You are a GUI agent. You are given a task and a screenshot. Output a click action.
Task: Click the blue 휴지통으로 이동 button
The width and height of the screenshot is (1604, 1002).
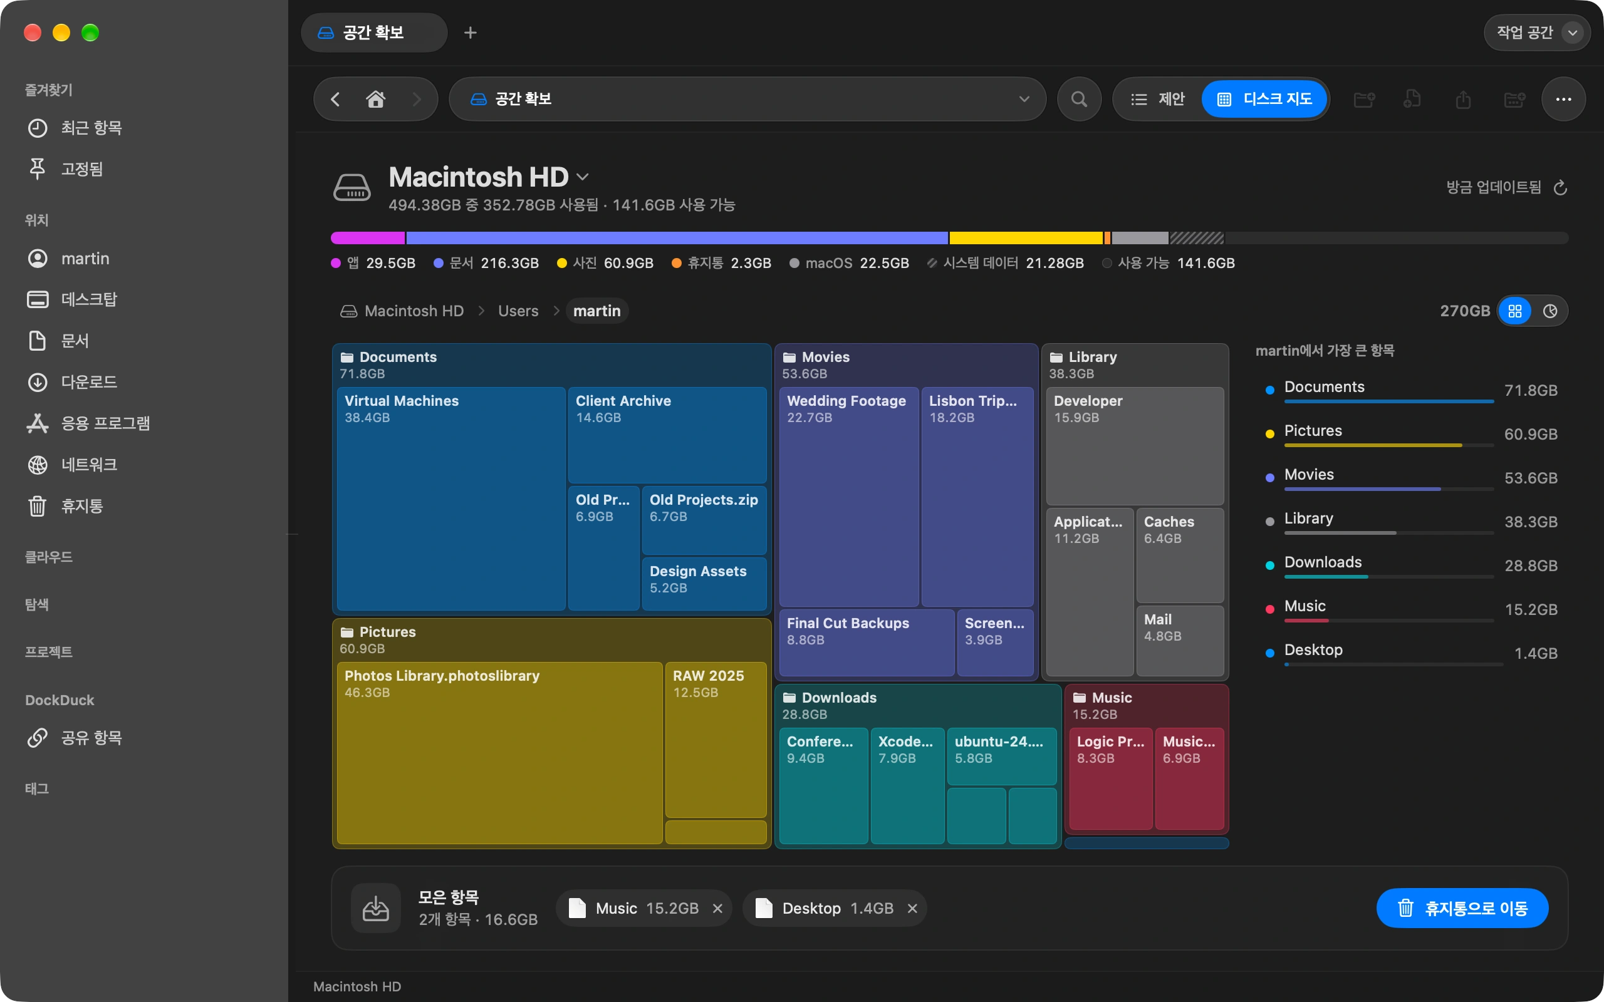[1462, 908]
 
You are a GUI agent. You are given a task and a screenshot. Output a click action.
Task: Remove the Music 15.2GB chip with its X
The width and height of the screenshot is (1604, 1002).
[717, 909]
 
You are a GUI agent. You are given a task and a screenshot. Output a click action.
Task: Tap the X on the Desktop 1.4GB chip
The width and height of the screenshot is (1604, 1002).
[912, 909]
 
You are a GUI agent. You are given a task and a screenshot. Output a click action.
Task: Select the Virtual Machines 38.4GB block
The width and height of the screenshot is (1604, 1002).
[450, 498]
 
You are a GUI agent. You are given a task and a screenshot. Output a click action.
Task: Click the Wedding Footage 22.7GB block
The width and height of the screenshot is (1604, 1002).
[849, 497]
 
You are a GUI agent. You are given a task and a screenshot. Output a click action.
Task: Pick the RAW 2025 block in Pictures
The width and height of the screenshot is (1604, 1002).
[716, 740]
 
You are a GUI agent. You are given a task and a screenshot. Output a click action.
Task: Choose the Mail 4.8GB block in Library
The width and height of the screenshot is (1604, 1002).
[1180, 640]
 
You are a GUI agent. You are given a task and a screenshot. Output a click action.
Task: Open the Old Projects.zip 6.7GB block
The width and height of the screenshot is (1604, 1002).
[704, 520]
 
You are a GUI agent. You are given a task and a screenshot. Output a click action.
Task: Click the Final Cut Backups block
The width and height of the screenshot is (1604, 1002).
[867, 642]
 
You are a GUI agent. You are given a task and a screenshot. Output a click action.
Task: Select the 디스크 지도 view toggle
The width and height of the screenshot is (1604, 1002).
[1264, 100]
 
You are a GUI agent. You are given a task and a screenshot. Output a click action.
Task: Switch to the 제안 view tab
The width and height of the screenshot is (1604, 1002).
[1157, 100]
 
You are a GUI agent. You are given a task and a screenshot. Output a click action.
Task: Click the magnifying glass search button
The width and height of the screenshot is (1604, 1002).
[1079, 100]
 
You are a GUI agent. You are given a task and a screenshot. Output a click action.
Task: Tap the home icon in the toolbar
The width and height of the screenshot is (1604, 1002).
[376, 100]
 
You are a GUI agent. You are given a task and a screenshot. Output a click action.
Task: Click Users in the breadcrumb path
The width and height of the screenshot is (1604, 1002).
[518, 311]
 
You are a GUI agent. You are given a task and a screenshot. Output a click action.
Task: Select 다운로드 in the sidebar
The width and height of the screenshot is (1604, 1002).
[89, 383]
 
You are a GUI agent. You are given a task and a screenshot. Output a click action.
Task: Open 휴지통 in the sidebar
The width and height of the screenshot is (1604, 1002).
[82, 506]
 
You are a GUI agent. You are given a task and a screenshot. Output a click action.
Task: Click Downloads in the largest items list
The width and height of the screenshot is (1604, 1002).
[1323, 562]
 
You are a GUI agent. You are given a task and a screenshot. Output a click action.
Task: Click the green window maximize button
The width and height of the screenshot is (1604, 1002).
[90, 33]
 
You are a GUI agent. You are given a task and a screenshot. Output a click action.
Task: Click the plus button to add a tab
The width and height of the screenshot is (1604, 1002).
[470, 33]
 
